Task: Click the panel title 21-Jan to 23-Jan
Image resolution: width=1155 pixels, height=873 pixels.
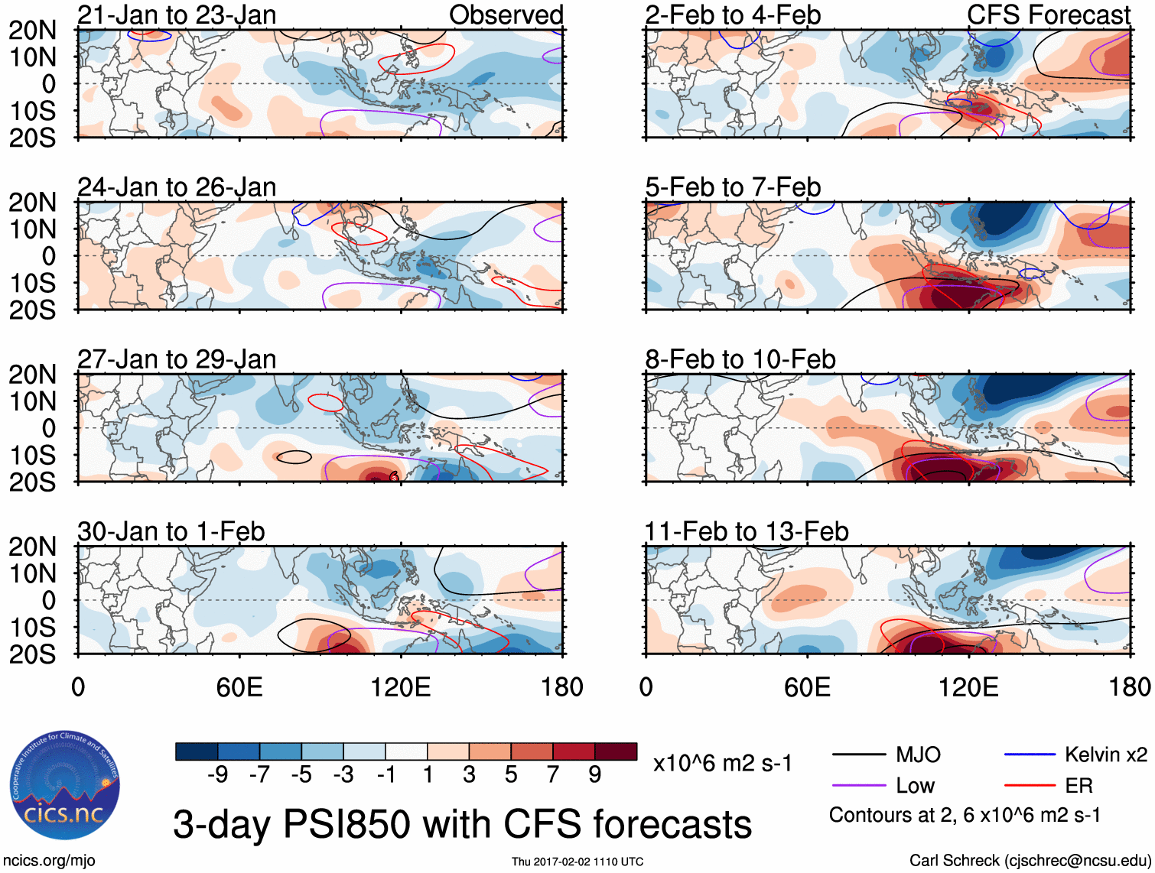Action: (177, 15)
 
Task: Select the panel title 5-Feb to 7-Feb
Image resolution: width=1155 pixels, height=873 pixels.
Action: (733, 187)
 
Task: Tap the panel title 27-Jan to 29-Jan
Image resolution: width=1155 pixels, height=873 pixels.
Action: (177, 359)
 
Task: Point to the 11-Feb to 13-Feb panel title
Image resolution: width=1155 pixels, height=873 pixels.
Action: (747, 531)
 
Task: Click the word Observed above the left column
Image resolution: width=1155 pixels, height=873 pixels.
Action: (506, 15)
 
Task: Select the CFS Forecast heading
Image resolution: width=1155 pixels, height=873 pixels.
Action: (1049, 15)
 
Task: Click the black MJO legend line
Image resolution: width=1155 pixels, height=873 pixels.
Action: (858, 755)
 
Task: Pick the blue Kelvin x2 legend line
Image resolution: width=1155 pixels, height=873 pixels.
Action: (1030, 755)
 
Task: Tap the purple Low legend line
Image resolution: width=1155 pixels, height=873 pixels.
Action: (858, 785)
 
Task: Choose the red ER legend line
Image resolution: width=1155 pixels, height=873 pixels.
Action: (1030, 785)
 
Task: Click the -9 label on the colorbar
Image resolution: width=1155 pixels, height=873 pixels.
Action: (217, 775)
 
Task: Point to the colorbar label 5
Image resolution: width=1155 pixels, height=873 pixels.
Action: (511, 775)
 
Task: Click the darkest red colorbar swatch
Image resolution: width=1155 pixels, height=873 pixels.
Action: (616, 751)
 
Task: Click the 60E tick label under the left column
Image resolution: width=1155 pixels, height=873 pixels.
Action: (239, 687)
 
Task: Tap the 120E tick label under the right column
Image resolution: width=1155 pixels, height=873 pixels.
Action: (968, 687)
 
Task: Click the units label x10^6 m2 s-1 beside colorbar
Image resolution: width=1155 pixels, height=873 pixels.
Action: (722, 763)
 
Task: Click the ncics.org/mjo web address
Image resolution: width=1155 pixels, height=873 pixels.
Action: (49, 861)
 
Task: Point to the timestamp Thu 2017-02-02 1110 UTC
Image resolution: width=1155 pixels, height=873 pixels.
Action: (577, 862)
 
